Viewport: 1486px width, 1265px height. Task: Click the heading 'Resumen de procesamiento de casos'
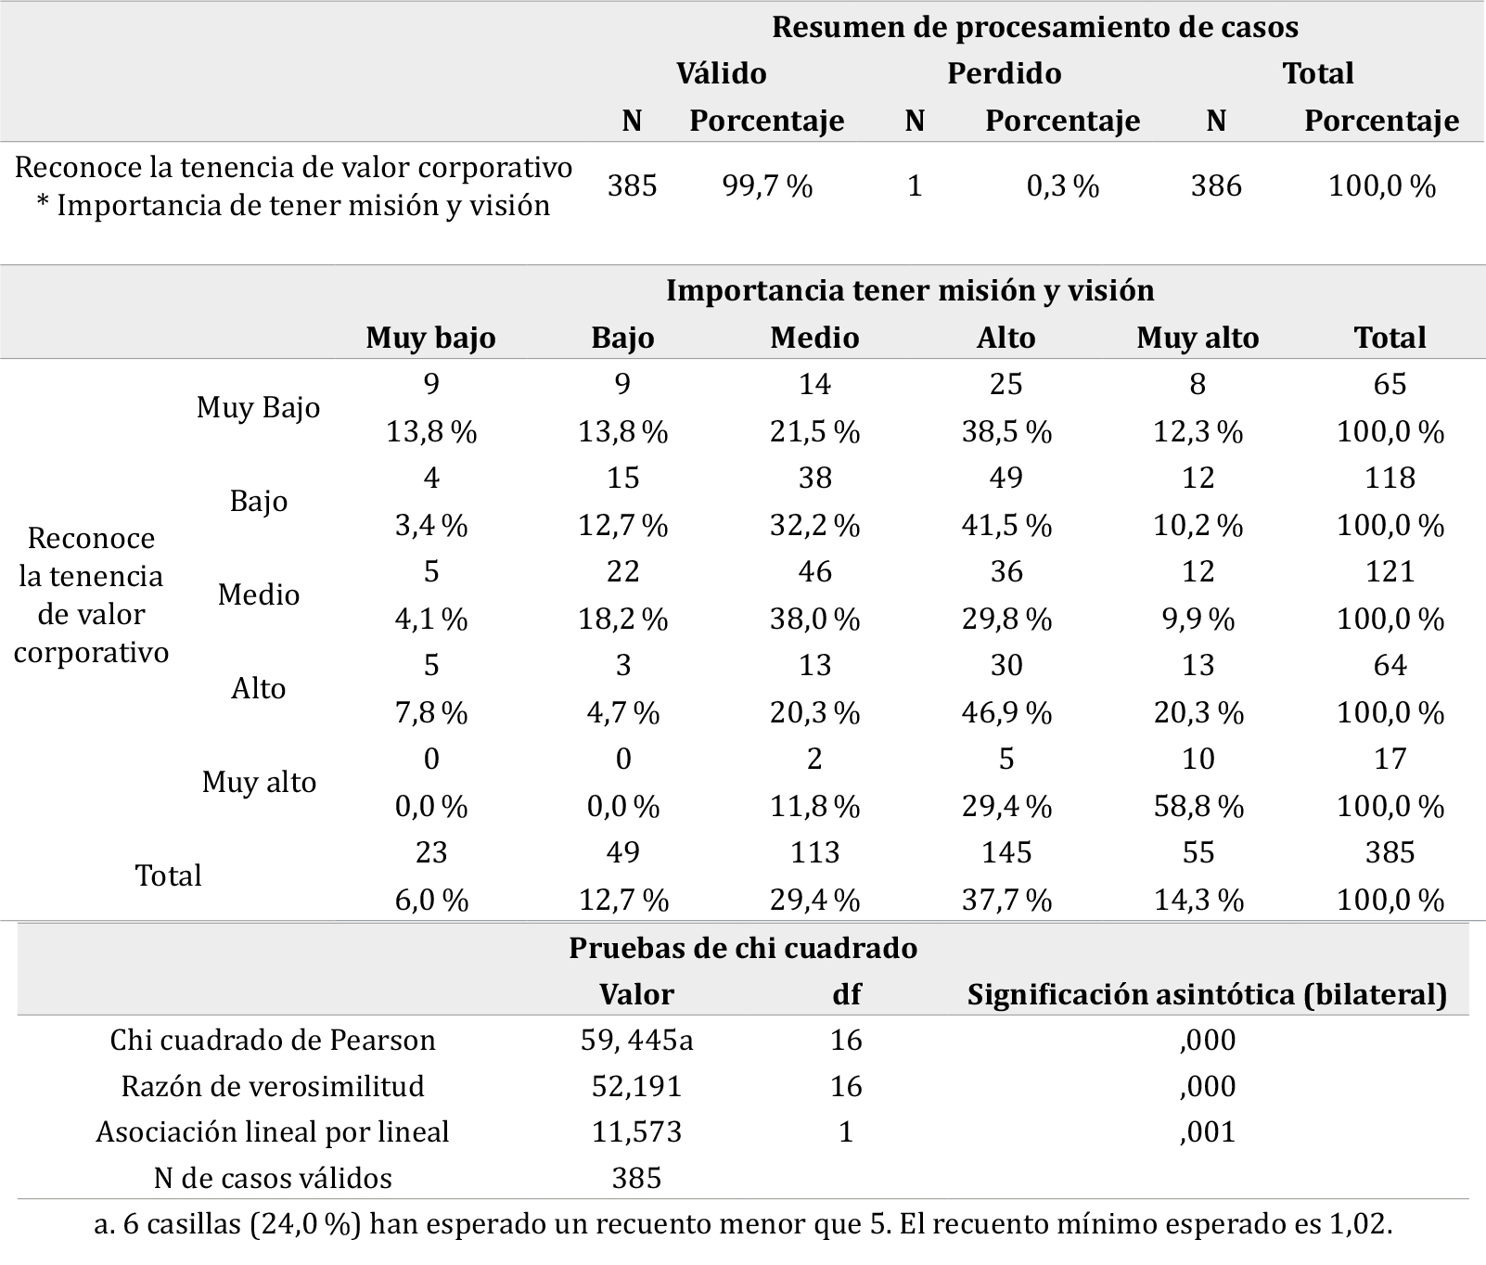tap(1034, 27)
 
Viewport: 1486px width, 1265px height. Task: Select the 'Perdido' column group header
tap(1004, 73)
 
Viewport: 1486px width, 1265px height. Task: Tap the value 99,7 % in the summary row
tap(767, 186)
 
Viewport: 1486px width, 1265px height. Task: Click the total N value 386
tap(1216, 186)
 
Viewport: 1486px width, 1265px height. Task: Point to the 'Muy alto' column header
tap(1198, 338)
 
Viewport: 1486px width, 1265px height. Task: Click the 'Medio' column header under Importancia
tap(814, 338)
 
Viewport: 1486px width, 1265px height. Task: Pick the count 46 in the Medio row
tap(814, 571)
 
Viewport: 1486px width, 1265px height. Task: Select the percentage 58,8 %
tap(1198, 806)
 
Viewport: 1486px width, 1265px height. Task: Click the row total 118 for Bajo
tap(1390, 478)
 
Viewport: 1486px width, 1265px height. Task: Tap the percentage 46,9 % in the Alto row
tap(1006, 712)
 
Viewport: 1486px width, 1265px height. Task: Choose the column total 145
tap(1006, 852)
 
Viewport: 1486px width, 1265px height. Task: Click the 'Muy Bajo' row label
tap(258, 407)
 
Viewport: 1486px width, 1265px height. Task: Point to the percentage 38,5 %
tap(1006, 431)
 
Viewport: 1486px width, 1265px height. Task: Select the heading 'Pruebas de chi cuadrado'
tap(743, 948)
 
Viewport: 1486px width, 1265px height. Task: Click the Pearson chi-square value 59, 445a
tap(636, 1041)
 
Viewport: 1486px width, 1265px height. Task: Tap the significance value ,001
tap(1208, 1132)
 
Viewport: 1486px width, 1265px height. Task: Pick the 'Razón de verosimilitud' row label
tap(273, 1086)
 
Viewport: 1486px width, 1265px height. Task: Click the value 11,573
tap(636, 1132)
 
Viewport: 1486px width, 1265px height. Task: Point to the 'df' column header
tap(846, 995)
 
